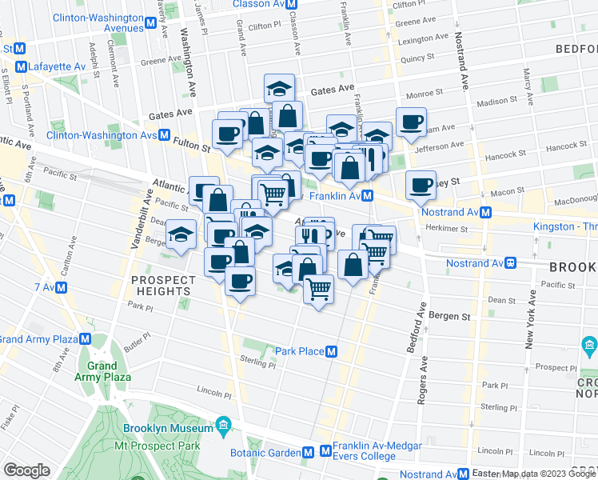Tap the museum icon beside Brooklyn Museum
coord(223,424)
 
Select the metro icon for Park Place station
coord(330,351)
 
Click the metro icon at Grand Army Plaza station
coord(84,338)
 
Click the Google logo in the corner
coord(26,470)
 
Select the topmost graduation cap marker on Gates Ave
coord(280,86)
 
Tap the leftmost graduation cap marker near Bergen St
coord(181,234)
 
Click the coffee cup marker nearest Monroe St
coord(411,122)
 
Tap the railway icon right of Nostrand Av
coord(508,262)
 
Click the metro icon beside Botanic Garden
coord(325,451)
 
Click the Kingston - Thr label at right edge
coord(564,227)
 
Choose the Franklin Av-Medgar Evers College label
coord(365,451)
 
